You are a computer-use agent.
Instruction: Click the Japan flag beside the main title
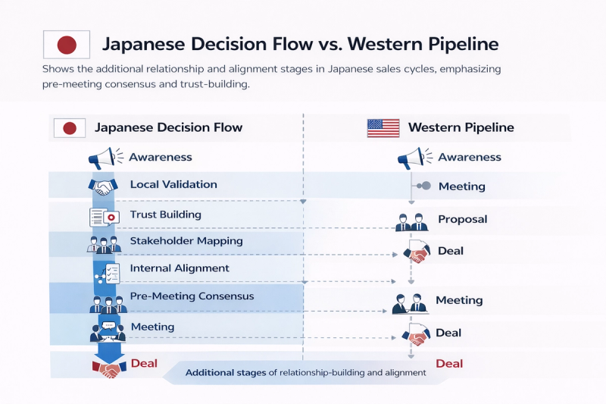[67, 45]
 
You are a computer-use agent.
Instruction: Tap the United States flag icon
[383, 127]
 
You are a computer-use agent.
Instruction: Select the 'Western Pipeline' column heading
[461, 127]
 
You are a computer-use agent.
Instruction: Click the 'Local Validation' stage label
[173, 184]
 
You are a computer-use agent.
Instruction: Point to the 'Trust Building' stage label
[165, 215]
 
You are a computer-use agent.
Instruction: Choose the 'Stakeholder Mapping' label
[186, 241]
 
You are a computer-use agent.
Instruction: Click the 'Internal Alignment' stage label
[179, 268]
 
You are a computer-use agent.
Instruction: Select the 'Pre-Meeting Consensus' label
[192, 296]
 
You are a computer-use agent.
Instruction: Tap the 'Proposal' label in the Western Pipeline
[462, 219]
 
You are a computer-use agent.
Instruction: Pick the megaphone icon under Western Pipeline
[411, 158]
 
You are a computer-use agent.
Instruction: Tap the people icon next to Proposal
[412, 221]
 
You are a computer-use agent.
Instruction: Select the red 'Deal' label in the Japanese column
[144, 363]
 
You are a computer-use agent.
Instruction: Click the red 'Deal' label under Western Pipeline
[449, 363]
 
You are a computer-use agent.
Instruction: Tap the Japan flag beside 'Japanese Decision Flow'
[69, 127]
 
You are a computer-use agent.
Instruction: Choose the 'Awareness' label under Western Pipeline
[470, 157]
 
